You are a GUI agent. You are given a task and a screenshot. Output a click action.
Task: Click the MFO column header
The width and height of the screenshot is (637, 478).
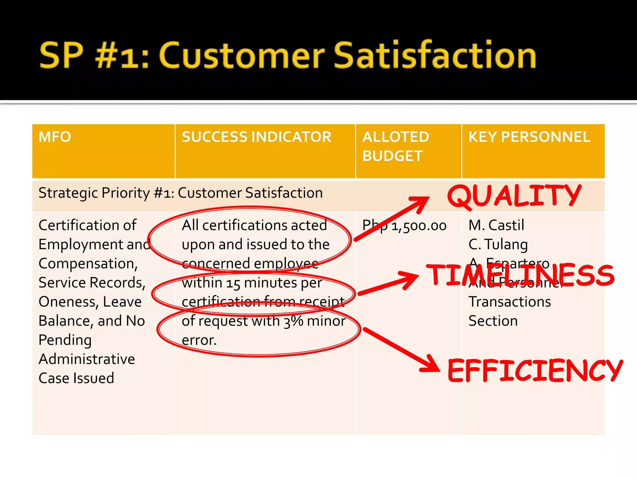(55, 137)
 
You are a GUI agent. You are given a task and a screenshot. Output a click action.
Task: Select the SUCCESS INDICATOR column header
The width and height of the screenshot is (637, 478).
(257, 137)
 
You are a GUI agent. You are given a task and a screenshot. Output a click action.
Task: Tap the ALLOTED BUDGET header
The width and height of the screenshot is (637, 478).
(396, 146)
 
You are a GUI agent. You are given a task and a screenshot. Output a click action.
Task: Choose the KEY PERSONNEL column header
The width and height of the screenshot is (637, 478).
(529, 137)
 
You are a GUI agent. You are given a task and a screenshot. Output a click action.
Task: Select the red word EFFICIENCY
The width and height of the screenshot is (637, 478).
(535, 370)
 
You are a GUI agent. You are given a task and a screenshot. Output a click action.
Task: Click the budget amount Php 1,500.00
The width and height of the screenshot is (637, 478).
(404, 226)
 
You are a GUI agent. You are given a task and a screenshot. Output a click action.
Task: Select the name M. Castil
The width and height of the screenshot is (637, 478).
(496, 225)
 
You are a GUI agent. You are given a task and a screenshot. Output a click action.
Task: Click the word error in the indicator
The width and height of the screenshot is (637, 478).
(199, 340)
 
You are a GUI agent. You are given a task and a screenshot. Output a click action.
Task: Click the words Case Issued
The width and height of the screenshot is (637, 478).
(77, 378)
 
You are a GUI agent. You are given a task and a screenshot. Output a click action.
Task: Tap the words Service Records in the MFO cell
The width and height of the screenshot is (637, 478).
(92, 283)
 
